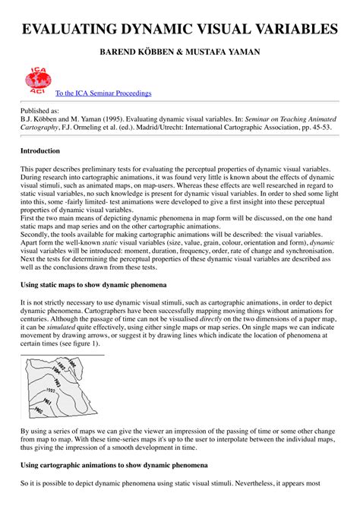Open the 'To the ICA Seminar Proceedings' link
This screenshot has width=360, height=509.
[103, 93]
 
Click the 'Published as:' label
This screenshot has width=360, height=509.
[43, 110]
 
